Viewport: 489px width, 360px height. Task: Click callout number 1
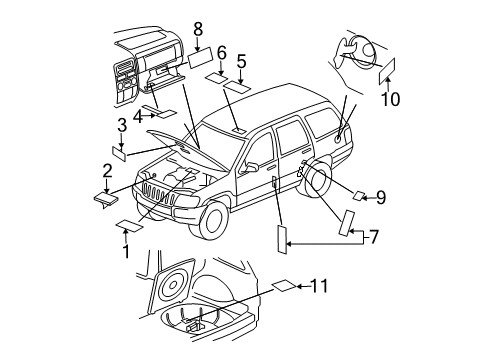[x=126, y=251]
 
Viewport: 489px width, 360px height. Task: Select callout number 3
[x=121, y=125]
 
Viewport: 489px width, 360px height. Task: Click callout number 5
[x=241, y=61]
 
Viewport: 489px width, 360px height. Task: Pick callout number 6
[x=221, y=52]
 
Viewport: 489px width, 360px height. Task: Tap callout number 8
[x=198, y=29]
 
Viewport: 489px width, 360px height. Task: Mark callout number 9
[x=380, y=197]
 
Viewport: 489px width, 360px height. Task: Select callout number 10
[x=392, y=99]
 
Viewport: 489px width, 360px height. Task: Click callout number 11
[x=318, y=286]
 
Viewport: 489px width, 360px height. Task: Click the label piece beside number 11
[x=283, y=288]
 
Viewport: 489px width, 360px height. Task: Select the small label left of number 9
[x=359, y=194]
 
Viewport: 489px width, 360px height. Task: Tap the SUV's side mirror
[x=250, y=164]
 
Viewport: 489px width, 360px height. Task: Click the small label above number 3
[x=118, y=152]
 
